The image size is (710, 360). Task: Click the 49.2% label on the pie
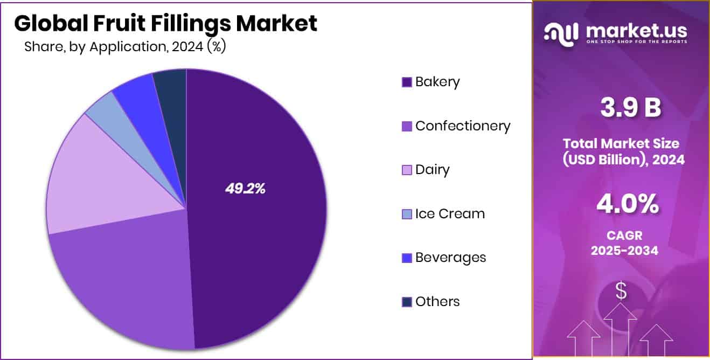point(245,189)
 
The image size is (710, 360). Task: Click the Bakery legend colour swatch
point(407,82)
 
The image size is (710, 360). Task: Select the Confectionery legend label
point(463,126)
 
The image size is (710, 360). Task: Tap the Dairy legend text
point(432,170)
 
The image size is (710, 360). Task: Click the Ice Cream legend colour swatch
point(407,214)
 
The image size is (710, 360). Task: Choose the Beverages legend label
point(450,258)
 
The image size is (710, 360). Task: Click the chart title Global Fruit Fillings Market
point(165,23)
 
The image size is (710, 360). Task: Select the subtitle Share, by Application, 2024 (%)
point(125,47)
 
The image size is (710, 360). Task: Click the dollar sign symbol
point(621,292)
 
